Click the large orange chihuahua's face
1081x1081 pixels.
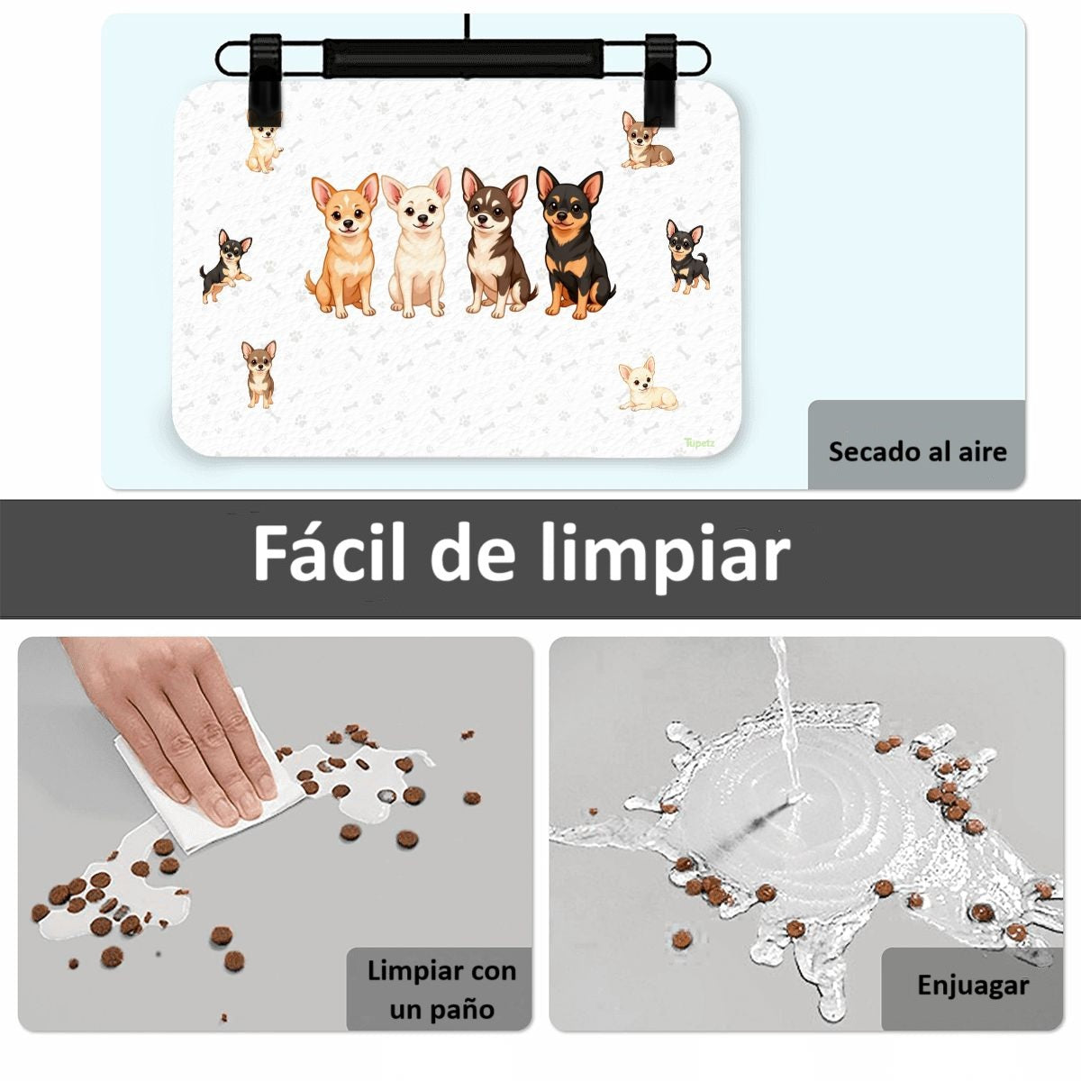(x=346, y=210)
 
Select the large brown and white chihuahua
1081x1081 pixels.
(x=497, y=243)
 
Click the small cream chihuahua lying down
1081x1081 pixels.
(x=648, y=385)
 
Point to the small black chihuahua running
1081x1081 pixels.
(x=227, y=266)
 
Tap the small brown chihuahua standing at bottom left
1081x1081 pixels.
(x=259, y=373)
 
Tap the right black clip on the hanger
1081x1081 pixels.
(x=660, y=77)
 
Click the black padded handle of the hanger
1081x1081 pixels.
(x=463, y=58)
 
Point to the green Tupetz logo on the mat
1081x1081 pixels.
(x=700, y=442)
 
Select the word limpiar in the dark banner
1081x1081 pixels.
(x=666, y=559)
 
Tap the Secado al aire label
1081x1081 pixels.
(x=917, y=451)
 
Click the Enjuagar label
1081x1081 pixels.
(x=973, y=986)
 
